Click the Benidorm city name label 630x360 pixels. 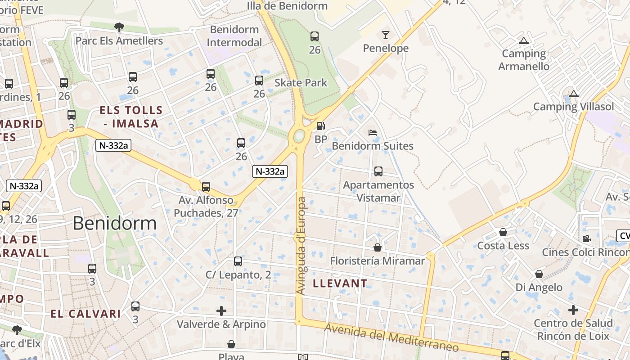pyautogui.click(x=114, y=223)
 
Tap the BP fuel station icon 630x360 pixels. pyautogui.click(x=321, y=126)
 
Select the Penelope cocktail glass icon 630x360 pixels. pyautogui.click(x=386, y=35)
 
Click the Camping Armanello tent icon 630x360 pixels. pyautogui.click(x=523, y=41)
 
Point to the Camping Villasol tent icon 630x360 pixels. pyautogui.click(x=573, y=94)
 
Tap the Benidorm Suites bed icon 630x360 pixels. pyautogui.click(x=373, y=133)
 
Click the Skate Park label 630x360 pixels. pyautogui.click(x=301, y=83)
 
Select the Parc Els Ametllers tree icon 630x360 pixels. pyautogui.click(x=119, y=27)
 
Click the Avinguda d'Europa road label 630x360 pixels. pyautogui.click(x=301, y=246)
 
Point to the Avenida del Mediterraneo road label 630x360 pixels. pyautogui.click(x=391, y=337)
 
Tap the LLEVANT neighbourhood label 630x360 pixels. pyautogui.click(x=340, y=283)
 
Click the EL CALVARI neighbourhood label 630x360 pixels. pyautogui.click(x=85, y=314)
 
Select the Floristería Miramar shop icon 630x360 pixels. pyautogui.click(x=378, y=247)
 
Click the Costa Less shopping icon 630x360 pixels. pyautogui.click(x=503, y=232)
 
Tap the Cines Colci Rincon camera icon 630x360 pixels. pyautogui.click(x=586, y=238)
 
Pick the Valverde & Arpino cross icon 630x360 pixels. pyautogui.click(x=221, y=310)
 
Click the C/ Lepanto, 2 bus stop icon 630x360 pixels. pyautogui.click(x=238, y=261)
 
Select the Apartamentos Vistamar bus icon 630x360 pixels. pyautogui.click(x=378, y=171)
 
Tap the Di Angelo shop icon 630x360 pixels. pyautogui.click(x=539, y=274)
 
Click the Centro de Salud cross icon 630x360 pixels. pyautogui.click(x=573, y=310)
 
